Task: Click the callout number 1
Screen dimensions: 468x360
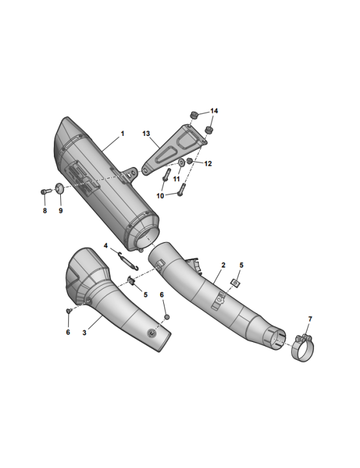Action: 122,133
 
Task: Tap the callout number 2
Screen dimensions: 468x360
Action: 223,265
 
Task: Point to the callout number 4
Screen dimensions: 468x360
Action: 106,246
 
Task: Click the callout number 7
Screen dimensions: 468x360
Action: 310,319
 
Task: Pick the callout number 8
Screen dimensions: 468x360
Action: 45,211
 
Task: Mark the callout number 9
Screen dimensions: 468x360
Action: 61,211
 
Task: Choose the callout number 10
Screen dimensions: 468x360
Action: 160,196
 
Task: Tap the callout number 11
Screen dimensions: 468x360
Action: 176,179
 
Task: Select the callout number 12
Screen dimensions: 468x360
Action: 208,164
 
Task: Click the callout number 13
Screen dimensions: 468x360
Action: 146,133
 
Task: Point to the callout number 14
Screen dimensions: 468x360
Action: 214,111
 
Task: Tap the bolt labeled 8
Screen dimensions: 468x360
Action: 45,191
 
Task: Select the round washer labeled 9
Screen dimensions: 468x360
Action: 60,189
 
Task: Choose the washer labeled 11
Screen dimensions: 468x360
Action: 180,163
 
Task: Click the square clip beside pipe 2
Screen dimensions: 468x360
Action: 236,282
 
